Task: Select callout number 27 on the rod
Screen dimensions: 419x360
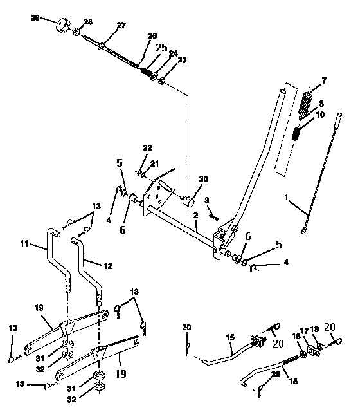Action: click(121, 26)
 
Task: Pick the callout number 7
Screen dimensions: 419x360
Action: click(324, 80)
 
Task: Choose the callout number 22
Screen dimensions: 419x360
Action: click(147, 149)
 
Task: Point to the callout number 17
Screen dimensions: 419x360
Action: click(306, 330)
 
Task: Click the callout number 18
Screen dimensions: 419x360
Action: click(315, 330)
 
